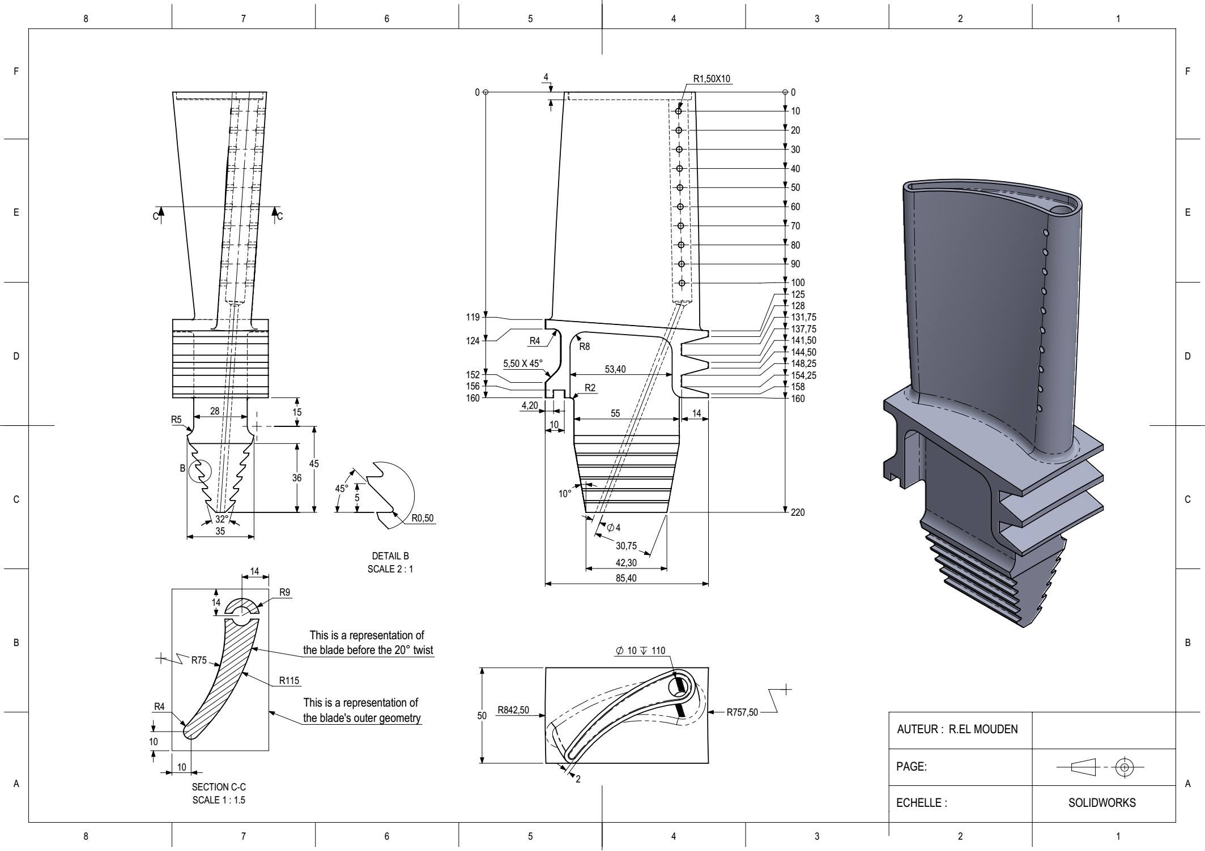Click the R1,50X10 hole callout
(x=712, y=79)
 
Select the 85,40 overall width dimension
(x=625, y=578)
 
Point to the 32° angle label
(x=222, y=519)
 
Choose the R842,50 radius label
(x=513, y=710)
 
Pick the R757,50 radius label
(x=742, y=712)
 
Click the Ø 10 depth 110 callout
(x=640, y=651)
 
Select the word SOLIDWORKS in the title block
(x=1102, y=803)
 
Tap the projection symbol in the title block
(x=1100, y=768)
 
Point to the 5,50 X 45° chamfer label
(x=522, y=364)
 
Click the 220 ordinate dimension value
(x=798, y=512)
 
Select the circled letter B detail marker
(x=182, y=468)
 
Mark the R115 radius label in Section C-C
(x=289, y=681)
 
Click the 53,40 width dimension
(x=615, y=369)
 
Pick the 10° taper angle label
(x=565, y=494)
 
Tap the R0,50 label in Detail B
(x=422, y=518)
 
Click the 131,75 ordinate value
(x=803, y=317)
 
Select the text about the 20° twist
(x=368, y=643)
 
